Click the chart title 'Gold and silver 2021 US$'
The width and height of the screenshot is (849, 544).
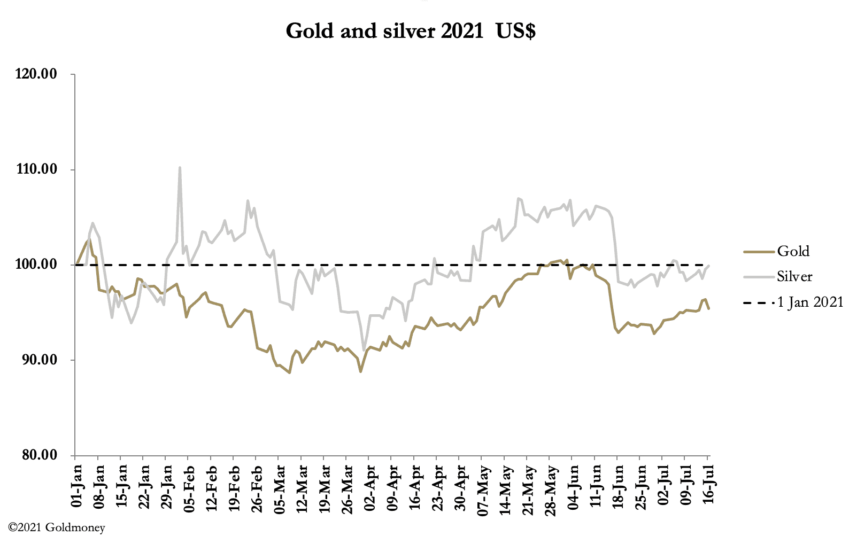(410, 31)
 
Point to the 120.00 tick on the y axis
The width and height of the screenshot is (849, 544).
(36, 74)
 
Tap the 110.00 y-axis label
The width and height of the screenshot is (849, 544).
(36, 169)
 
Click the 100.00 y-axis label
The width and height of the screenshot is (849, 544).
(36, 265)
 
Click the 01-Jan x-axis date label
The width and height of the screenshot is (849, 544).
(76, 487)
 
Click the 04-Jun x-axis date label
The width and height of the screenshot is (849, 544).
(573, 487)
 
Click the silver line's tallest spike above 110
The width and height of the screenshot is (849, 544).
(180, 167)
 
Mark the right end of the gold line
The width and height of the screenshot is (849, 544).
(709, 309)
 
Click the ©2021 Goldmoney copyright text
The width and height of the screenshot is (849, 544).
(57, 528)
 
